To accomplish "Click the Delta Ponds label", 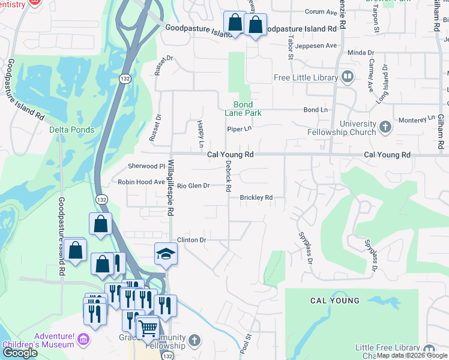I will (71, 130).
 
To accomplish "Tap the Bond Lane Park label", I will (243, 109).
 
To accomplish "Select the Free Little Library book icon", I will (347, 77).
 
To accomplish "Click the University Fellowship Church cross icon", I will (385, 127).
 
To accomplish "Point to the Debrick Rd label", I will (228, 175).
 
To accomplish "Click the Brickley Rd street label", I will (256, 197).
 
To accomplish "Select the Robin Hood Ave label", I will (141, 182).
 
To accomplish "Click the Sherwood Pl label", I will (146, 166).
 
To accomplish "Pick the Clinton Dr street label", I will (191, 240).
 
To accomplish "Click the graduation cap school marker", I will (166, 254).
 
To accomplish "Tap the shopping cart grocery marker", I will (148, 328).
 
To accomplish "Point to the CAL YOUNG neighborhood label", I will (334, 301).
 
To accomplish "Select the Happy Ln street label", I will (200, 134).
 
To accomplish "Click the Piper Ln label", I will (238, 129).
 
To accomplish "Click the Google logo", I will (20, 353).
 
